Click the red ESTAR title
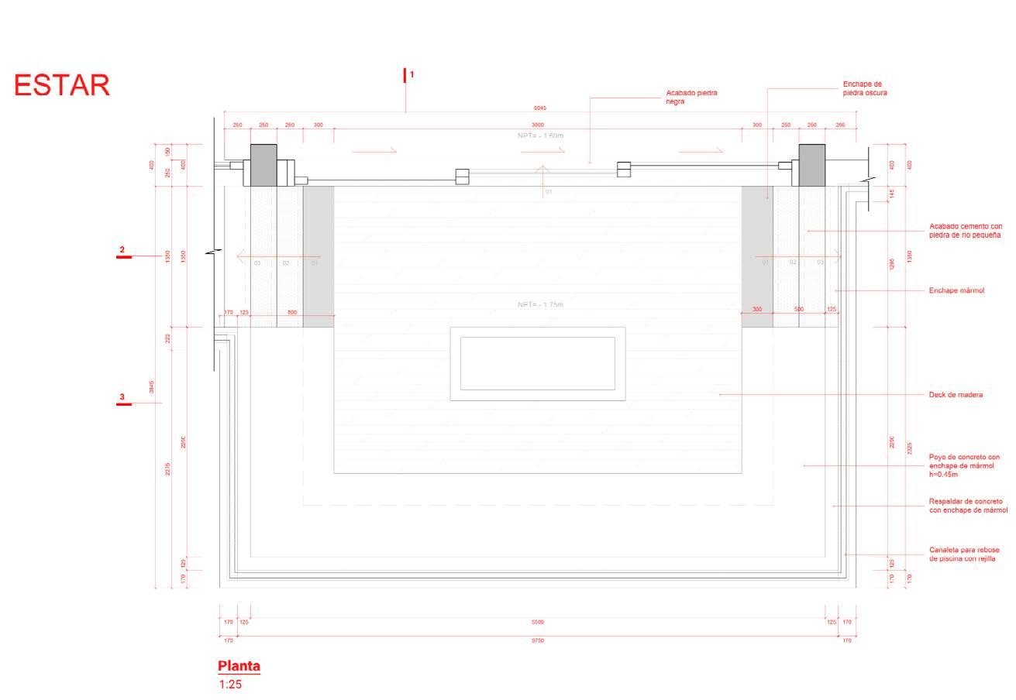[x=62, y=85]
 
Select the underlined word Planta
[x=239, y=666]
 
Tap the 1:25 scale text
[x=230, y=685]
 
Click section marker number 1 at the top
[x=412, y=74]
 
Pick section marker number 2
[x=122, y=250]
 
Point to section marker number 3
[x=122, y=398]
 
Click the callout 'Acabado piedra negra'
[x=691, y=97]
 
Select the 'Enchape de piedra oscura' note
[x=864, y=88]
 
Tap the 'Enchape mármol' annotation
[x=956, y=290]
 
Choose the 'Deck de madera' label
[x=956, y=395]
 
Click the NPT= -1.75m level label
[x=540, y=305]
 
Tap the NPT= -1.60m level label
[x=540, y=136]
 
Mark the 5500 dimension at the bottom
[x=537, y=622]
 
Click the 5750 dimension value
[x=537, y=640]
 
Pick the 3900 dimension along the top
[x=537, y=125]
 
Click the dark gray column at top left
[x=263, y=164]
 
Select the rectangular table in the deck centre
[x=538, y=363]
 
